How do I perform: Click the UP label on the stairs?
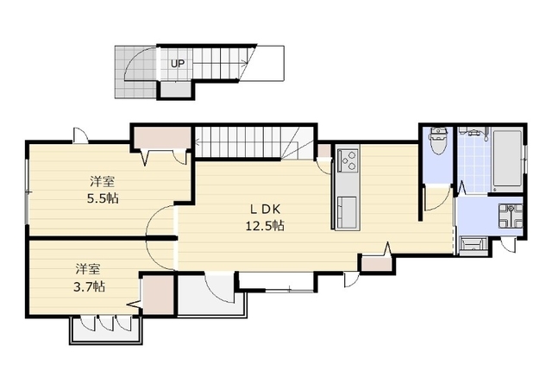pos(178,64)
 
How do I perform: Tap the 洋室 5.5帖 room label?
pos(103,191)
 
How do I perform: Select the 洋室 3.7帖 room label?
pos(90,278)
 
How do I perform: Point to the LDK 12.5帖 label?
pos(265,217)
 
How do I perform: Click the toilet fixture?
pos(438,141)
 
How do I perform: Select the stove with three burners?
pos(348,160)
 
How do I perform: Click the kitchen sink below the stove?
pos(347,212)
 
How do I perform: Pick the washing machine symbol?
pos(510,216)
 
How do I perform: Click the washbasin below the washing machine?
pos(474,245)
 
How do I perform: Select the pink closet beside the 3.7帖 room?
pos(159,294)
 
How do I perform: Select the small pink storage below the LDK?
pos(376,264)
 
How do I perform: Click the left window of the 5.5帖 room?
pos(27,192)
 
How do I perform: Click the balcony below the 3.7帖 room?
pos(106,329)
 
